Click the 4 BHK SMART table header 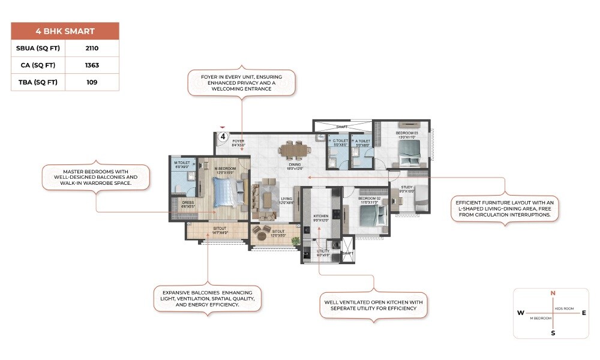click(65, 31)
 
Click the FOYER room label click(239, 143)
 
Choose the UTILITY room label click(323, 253)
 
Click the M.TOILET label click(182, 164)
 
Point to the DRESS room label click(188, 204)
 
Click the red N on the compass click(553, 293)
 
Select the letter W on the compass click(520, 313)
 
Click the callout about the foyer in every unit click(241, 82)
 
